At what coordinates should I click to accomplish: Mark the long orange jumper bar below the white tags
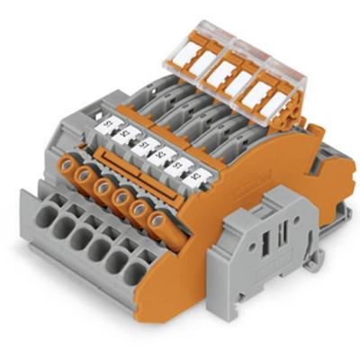tap(126, 162)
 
